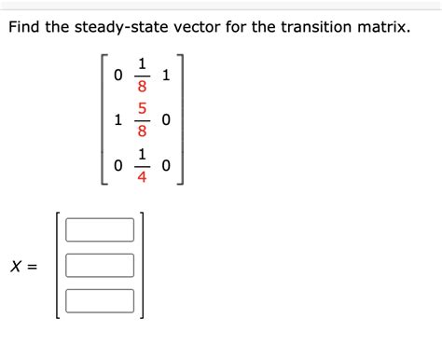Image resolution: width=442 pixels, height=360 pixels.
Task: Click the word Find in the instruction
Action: [27, 27]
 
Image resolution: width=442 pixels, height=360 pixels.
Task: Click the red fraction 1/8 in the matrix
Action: [142, 76]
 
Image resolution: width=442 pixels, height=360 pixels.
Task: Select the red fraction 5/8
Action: [142, 120]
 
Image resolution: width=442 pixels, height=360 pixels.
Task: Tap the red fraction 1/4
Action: [142, 165]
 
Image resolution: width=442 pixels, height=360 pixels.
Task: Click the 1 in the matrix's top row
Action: [166, 76]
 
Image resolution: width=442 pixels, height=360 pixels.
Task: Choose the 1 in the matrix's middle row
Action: [117, 120]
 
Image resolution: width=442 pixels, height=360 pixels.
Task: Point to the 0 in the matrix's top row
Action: [117, 76]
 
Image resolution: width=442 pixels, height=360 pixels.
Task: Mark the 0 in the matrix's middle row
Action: [166, 120]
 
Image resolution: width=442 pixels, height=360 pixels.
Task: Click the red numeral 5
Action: [142, 111]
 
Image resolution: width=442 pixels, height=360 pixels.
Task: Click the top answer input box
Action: [100, 229]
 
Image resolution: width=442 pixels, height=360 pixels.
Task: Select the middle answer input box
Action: [100, 265]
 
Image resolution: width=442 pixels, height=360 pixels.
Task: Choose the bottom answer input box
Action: [100, 300]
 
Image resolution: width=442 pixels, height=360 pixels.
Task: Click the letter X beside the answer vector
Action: [16, 267]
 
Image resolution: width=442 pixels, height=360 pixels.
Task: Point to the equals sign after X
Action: [34, 267]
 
